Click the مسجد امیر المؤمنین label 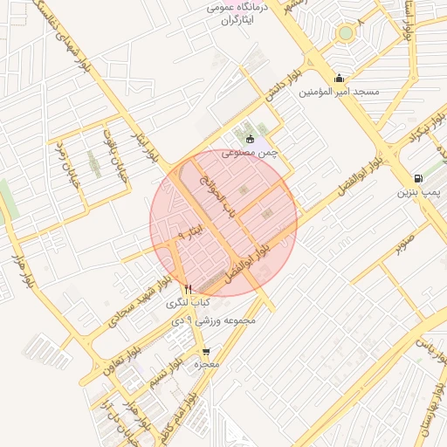(339, 92)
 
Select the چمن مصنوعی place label (249, 152)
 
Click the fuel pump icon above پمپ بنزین (419, 178)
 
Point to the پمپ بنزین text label (419, 191)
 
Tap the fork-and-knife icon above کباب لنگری (187, 289)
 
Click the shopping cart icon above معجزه (206, 351)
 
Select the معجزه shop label (206, 364)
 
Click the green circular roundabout (347, 33)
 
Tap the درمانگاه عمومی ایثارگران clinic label (232, 11)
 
